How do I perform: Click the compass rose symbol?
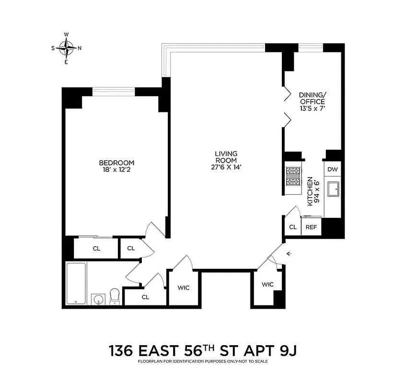pyautogui.click(x=66, y=48)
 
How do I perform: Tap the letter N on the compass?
pyautogui.click(x=80, y=48)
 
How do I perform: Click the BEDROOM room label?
pyautogui.click(x=116, y=163)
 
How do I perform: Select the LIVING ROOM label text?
pyautogui.click(x=226, y=157)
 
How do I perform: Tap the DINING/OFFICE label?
pyautogui.click(x=312, y=98)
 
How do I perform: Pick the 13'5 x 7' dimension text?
pyautogui.click(x=312, y=108)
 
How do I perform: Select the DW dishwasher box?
pyautogui.click(x=332, y=169)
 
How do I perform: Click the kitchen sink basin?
pyautogui.click(x=332, y=190)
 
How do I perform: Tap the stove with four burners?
pyautogui.click(x=293, y=176)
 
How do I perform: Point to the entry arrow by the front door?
pyautogui.click(x=289, y=253)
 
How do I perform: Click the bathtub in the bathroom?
pyautogui.click(x=76, y=283)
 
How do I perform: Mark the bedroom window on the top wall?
pyautogui.click(x=114, y=89)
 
